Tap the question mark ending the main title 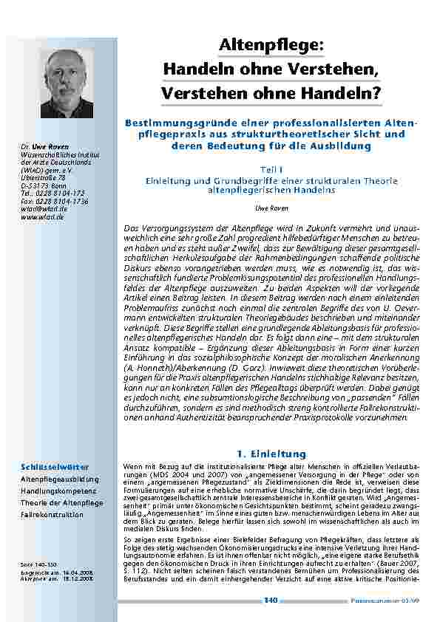tap(377, 94)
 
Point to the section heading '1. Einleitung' tap(271, 453)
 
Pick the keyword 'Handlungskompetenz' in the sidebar tap(55, 491)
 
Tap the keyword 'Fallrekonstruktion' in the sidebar tap(52, 514)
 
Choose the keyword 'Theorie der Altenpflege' tap(61, 502)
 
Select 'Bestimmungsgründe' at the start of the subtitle tap(174, 121)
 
